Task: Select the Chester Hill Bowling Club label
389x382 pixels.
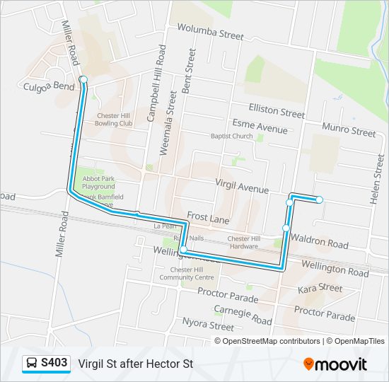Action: click(115, 119)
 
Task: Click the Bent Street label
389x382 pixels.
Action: click(189, 71)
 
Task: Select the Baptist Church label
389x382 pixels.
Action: click(231, 136)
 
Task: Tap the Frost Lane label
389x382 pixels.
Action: click(208, 219)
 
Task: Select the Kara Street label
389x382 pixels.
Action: click(320, 289)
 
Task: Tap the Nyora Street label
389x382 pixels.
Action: click(208, 326)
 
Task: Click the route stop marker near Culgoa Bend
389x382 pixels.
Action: click(83, 79)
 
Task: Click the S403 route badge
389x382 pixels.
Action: click(47, 364)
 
